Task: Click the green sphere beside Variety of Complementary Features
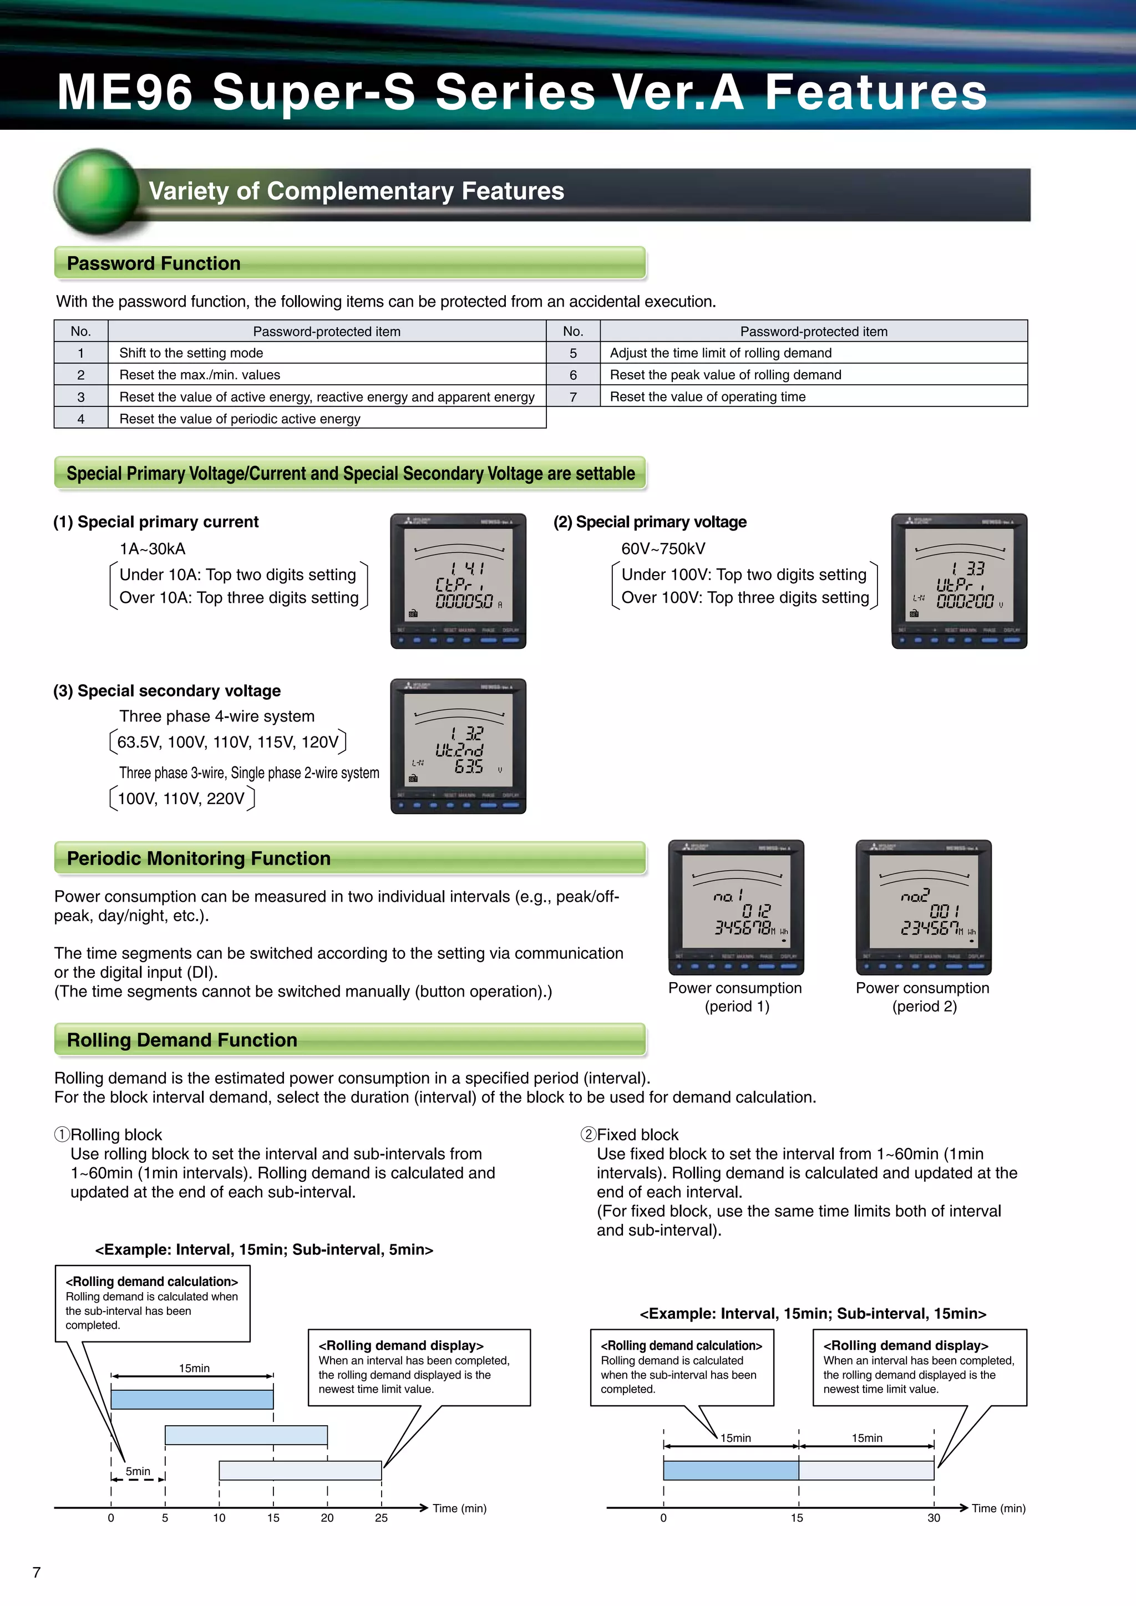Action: coord(97,190)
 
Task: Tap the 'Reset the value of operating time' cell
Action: coord(707,397)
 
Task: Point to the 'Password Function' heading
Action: coord(153,264)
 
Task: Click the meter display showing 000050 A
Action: coord(458,581)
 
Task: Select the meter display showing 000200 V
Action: coord(959,581)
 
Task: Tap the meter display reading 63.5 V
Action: coord(458,746)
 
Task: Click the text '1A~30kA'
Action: coord(153,549)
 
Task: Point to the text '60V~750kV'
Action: coord(663,549)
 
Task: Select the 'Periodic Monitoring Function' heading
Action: coord(199,858)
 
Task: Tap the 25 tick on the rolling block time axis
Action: coord(381,1517)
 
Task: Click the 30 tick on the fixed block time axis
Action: coord(934,1517)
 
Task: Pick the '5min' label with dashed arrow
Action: coord(138,1472)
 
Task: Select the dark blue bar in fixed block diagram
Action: coord(731,1470)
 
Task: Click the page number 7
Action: coord(37,1572)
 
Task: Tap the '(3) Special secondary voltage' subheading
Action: coord(166,691)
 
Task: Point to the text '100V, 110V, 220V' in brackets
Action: coord(181,799)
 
